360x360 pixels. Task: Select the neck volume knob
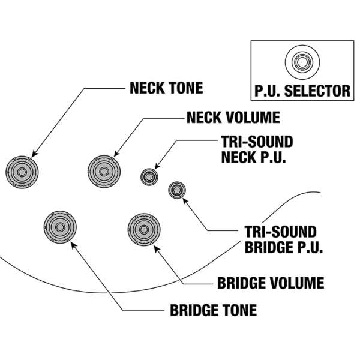(x=104, y=170)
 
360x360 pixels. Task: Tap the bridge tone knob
(x=60, y=228)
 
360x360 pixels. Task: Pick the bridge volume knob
(x=143, y=229)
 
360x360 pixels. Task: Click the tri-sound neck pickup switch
(x=149, y=176)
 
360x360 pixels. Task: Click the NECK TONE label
(x=166, y=89)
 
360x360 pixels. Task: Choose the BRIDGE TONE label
(x=213, y=311)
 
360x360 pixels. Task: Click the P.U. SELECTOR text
(x=301, y=91)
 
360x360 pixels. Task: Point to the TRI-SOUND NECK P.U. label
(x=257, y=150)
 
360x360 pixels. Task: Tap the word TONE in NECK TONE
(x=185, y=89)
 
